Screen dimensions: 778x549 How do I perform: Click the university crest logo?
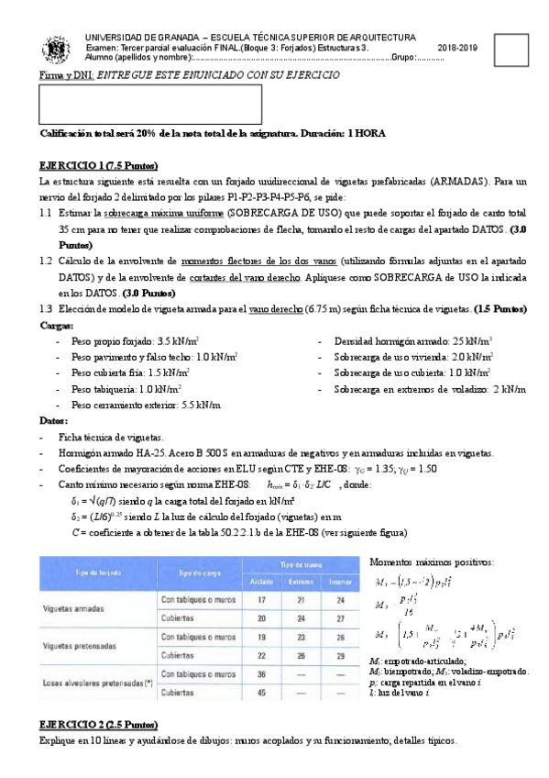[x=51, y=48]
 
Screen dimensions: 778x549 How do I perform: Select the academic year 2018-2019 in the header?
[x=458, y=48]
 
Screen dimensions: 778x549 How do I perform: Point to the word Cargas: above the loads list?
[x=58, y=325]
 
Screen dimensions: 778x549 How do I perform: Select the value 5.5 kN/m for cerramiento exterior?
[x=201, y=404]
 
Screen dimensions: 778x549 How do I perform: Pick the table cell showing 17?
[x=262, y=599]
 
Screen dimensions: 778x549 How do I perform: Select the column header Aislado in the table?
[x=262, y=582]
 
